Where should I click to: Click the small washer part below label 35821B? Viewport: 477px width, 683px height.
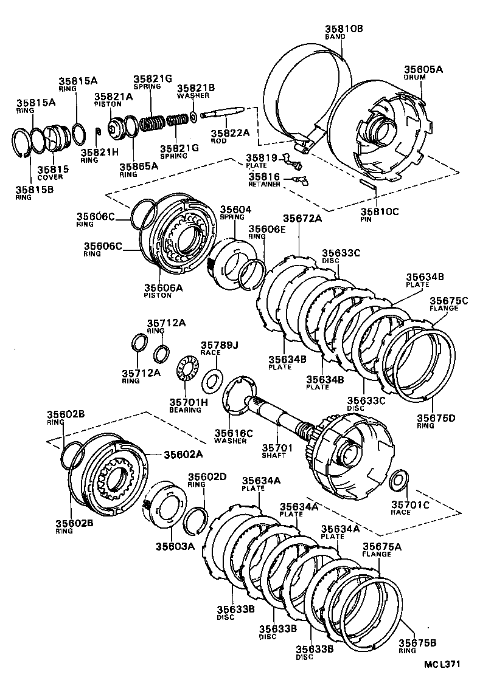[x=193, y=115]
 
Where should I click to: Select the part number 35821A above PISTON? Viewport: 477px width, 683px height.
[x=113, y=97]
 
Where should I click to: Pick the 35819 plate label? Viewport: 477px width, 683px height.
[x=260, y=157]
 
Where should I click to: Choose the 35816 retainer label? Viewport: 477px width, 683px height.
[x=263, y=176]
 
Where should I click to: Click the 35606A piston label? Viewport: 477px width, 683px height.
[x=162, y=288]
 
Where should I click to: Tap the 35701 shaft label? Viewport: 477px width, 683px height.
[x=277, y=448]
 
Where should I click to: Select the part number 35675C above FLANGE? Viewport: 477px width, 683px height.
[x=448, y=300]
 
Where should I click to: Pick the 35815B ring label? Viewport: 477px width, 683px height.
[x=34, y=190]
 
